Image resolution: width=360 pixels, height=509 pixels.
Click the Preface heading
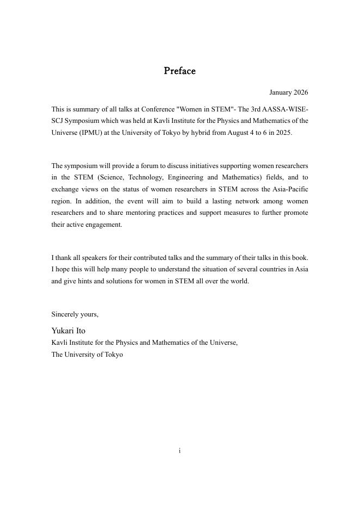point(179,71)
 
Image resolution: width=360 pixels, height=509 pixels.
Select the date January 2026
point(288,92)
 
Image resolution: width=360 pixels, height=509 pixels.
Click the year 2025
point(283,133)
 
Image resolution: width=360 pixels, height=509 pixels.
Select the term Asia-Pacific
point(288,189)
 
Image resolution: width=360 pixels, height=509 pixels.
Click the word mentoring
point(134,213)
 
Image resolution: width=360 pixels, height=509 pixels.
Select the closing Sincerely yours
point(75,314)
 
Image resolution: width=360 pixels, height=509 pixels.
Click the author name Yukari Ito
point(69,331)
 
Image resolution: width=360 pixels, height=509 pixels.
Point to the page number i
point(179,450)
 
